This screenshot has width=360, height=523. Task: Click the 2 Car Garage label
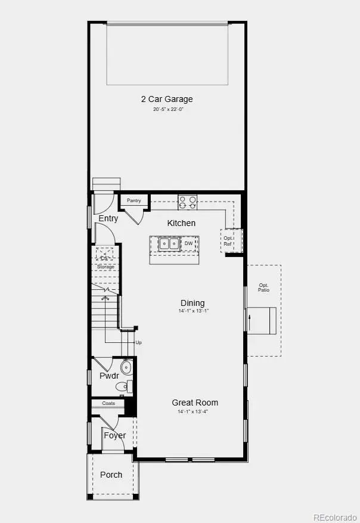[167, 99]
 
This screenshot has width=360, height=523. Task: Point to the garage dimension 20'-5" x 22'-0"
[167, 109]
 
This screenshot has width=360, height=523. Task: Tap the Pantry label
[134, 201]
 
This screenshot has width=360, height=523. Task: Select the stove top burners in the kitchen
[188, 202]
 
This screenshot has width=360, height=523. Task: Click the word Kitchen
[181, 223]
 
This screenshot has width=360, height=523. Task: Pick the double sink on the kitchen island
[167, 243]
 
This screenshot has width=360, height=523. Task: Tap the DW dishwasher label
[188, 243]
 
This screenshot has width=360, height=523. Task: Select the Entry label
[108, 219]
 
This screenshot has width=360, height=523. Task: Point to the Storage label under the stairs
[105, 267]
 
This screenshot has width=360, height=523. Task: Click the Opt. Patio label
[263, 287]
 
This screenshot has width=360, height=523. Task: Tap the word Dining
[193, 303]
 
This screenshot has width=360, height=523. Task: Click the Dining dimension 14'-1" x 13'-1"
[193, 311]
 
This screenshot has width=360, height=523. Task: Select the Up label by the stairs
[139, 342]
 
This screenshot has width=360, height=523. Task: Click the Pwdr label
[109, 376]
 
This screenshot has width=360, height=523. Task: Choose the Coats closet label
[108, 403]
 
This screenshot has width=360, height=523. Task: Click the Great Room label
[195, 403]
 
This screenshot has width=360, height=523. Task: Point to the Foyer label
[114, 435]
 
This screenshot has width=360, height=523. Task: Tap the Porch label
[111, 475]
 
